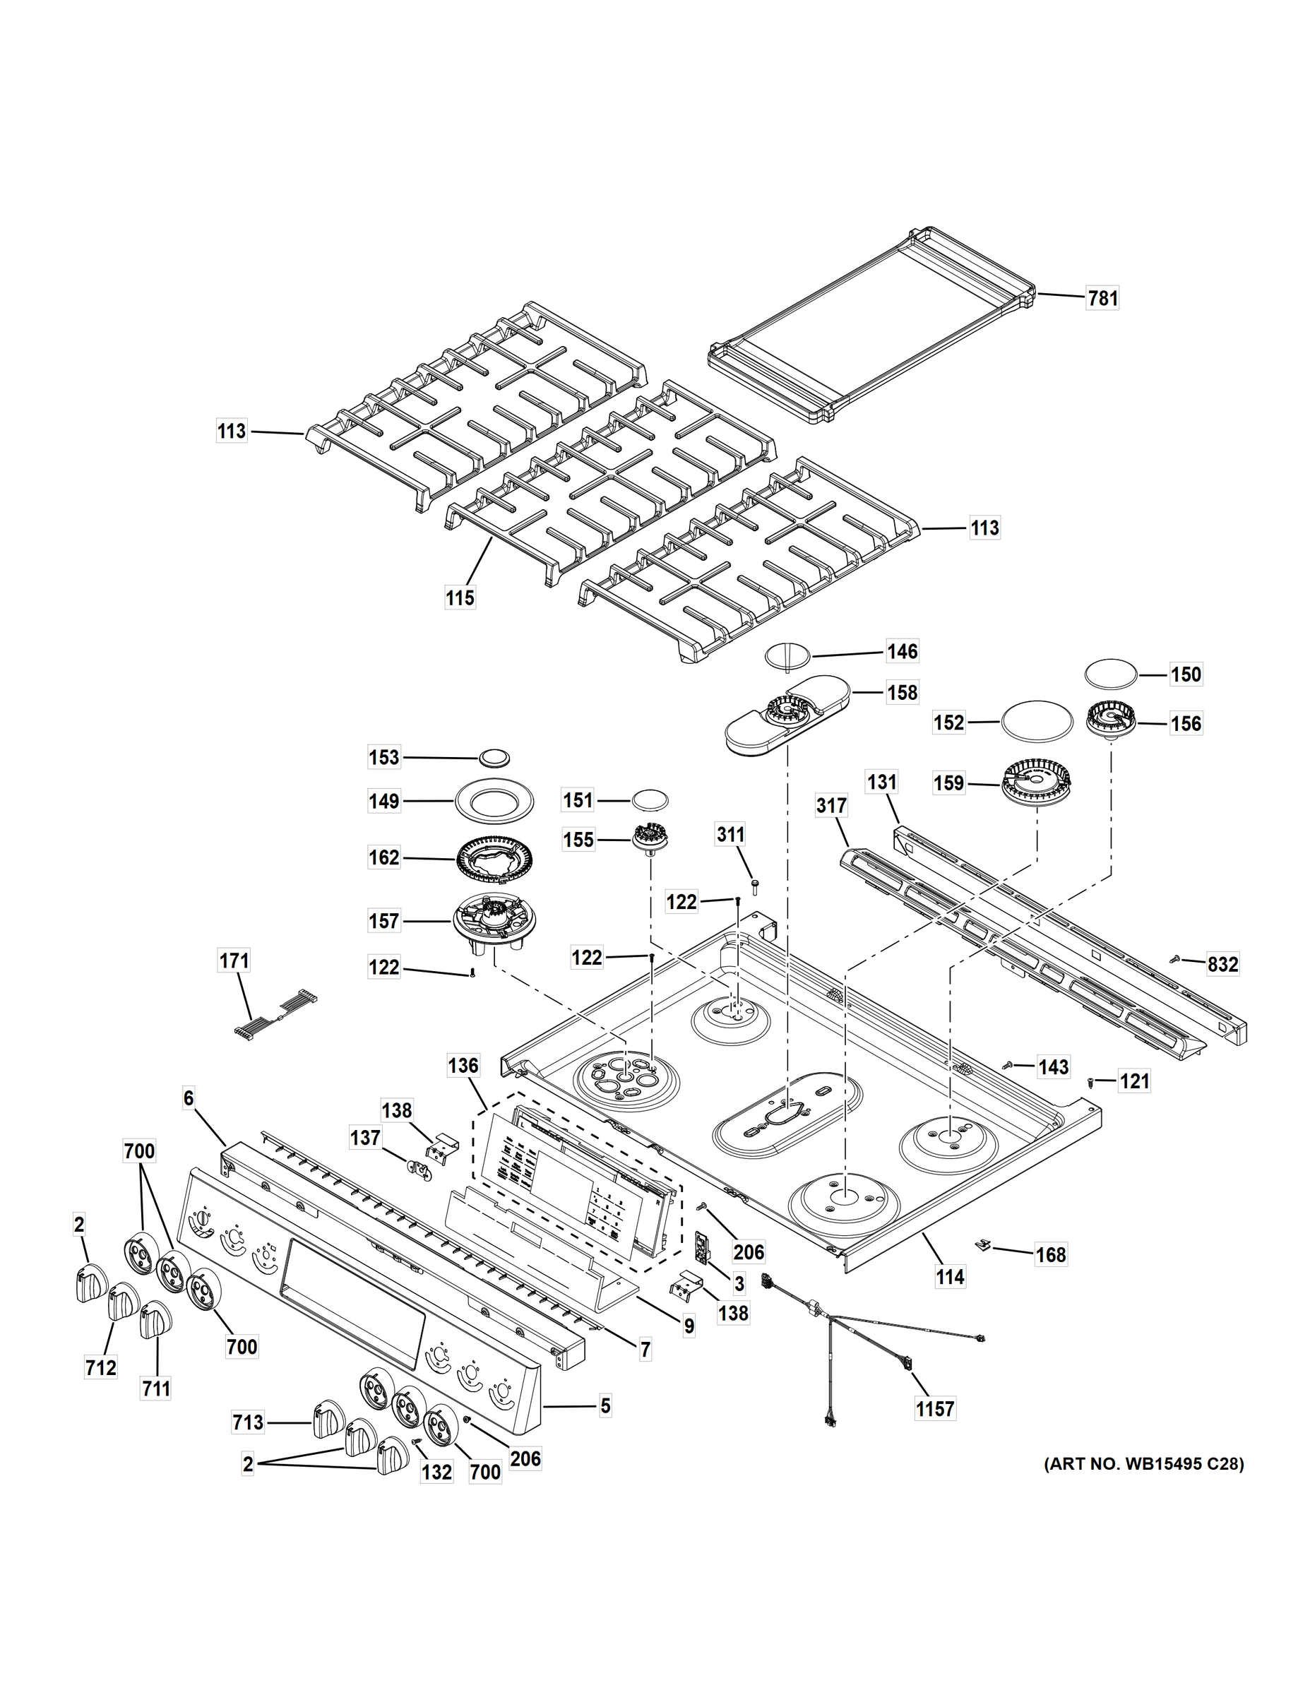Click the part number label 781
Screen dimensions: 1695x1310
(x=1102, y=298)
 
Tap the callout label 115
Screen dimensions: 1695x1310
(x=460, y=598)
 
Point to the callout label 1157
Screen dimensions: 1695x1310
(x=934, y=1407)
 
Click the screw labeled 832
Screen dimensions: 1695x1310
(x=1177, y=960)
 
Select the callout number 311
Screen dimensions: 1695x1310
(x=730, y=834)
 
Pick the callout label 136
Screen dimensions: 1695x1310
(x=463, y=1066)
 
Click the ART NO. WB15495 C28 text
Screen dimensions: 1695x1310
(x=1143, y=1465)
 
